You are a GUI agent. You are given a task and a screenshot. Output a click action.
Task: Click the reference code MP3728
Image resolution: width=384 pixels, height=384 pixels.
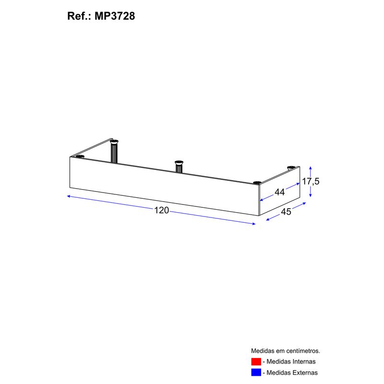click(x=115, y=16)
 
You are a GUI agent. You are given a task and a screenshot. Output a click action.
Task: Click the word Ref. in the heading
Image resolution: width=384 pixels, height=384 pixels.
click(x=78, y=16)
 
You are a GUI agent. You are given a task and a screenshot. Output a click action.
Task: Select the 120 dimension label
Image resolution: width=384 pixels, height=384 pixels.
click(x=161, y=210)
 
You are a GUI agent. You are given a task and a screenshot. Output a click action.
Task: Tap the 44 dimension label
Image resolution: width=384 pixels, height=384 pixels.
click(x=279, y=192)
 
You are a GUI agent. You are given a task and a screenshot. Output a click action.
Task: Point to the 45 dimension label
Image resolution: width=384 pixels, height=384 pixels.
click(x=286, y=212)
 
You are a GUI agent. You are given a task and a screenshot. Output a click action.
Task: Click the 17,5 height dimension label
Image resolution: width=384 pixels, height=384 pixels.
click(x=311, y=181)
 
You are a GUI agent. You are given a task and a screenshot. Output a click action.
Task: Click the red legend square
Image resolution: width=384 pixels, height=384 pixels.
click(x=256, y=361)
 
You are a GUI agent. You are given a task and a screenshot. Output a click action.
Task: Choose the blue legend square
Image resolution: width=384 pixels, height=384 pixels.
click(x=256, y=372)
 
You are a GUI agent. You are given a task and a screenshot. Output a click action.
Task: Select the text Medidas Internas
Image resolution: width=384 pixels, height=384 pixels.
click(x=291, y=361)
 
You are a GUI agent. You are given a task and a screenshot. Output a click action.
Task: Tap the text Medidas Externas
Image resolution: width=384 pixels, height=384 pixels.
click(x=292, y=372)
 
